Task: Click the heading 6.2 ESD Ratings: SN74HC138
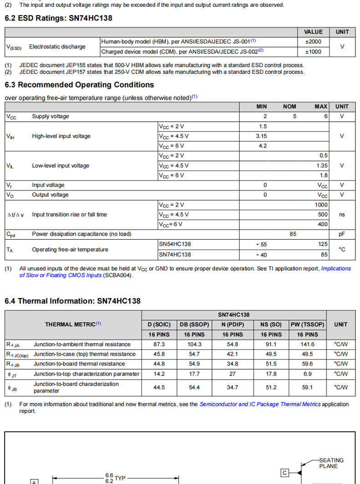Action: (58, 18)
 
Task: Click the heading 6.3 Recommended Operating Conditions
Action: (79, 85)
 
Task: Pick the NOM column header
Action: (289, 106)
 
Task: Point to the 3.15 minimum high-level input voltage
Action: (262, 136)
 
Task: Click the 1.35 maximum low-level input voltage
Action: (322, 165)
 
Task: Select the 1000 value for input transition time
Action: (321, 205)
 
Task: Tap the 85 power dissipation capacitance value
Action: (293, 234)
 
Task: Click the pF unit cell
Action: (342, 234)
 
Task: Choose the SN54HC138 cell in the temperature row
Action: (175, 244)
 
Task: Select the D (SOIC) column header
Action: (159, 324)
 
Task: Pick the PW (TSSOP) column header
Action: (307, 324)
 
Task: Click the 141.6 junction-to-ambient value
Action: (307, 344)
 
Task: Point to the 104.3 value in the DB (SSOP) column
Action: (194, 344)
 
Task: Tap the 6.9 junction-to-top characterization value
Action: (307, 374)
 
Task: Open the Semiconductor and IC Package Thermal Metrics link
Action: (260, 404)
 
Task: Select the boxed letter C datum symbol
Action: (285, 473)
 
